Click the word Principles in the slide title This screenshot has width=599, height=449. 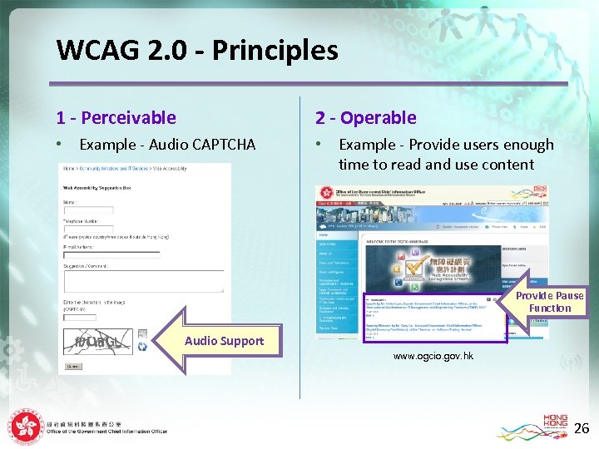(x=275, y=52)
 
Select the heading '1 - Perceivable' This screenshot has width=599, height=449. (x=116, y=118)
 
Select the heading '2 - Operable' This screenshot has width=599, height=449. (x=365, y=118)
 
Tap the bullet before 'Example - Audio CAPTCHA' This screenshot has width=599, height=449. (x=59, y=145)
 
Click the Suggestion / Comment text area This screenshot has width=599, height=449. (x=142, y=280)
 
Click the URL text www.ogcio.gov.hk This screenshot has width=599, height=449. (x=433, y=356)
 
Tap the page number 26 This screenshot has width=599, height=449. (x=582, y=429)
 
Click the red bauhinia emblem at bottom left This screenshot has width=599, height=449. (x=26, y=427)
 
